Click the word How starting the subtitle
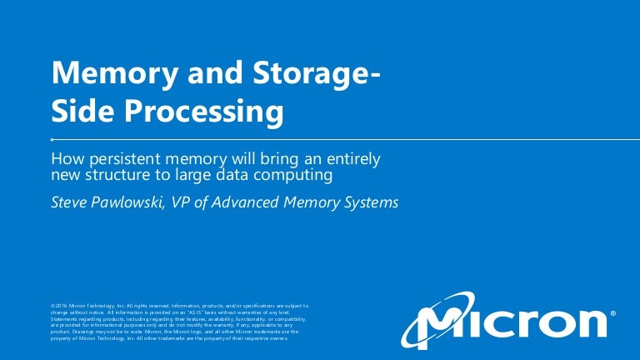coord(67,158)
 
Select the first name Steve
coord(70,202)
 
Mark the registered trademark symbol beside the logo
coord(613,314)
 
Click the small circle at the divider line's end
coord(53,140)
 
